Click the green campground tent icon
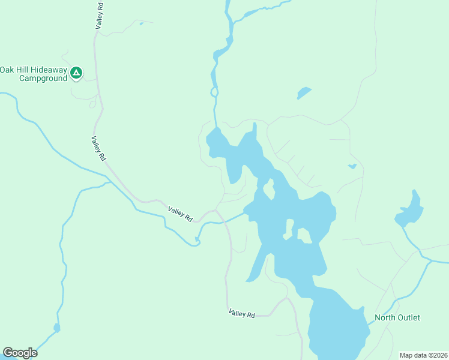tap(76, 73)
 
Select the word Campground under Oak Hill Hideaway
tap(43, 78)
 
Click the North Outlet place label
tap(397, 317)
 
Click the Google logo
tap(20, 353)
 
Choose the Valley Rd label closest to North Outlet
tap(241, 313)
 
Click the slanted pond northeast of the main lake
tap(304, 94)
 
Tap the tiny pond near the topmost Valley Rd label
tap(141, 24)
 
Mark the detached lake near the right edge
tap(410, 211)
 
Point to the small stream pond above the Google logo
tap(56, 328)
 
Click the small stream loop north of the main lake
tap(213, 92)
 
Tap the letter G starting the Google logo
tap(7, 352)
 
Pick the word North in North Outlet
tap(385, 317)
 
